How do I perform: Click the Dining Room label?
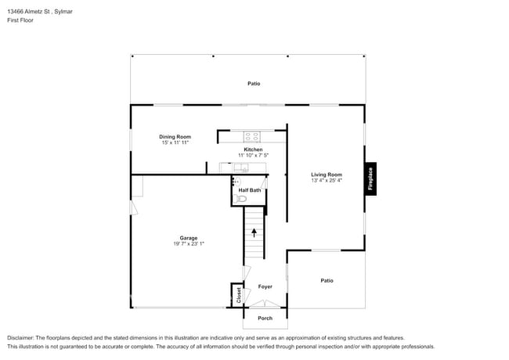[x=175, y=137]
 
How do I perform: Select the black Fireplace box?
[x=371, y=177]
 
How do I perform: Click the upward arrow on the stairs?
[x=254, y=232]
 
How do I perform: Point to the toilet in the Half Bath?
[x=242, y=199]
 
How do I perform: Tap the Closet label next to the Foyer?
[x=239, y=294]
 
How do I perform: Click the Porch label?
[x=265, y=319]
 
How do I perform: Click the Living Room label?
[x=326, y=175]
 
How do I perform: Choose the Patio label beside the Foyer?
[x=327, y=280]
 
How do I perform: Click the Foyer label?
[x=265, y=287]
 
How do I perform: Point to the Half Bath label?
[x=249, y=190]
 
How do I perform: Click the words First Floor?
[x=21, y=21]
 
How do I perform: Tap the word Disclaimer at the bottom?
[x=20, y=337]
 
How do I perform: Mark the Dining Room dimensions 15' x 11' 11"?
[x=175, y=143]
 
